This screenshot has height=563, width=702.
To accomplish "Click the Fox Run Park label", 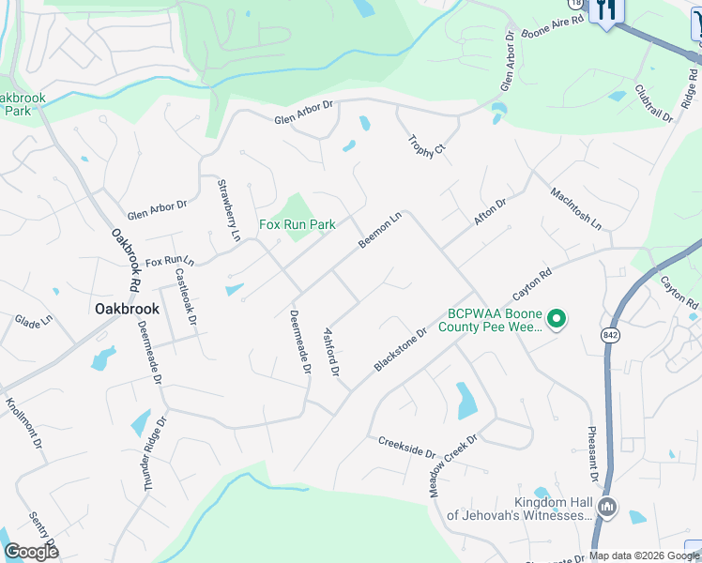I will pyautogui.click(x=298, y=225).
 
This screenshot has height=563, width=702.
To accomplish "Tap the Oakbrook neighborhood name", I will pyautogui.click(x=127, y=308).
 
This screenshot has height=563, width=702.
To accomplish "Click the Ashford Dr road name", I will pyautogui.click(x=330, y=351).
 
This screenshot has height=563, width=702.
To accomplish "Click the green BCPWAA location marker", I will pyautogui.click(x=556, y=320).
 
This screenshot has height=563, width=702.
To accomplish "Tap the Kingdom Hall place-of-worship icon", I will pyautogui.click(x=606, y=508).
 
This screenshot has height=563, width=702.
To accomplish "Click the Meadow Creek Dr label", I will pyautogui.click(x=454, y=464).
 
